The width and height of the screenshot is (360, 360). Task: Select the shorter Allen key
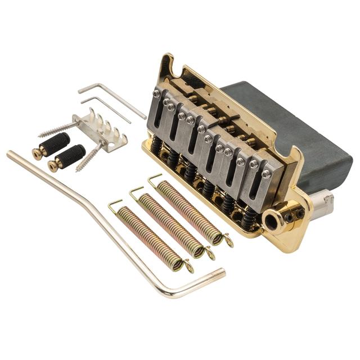pos(107,109)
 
